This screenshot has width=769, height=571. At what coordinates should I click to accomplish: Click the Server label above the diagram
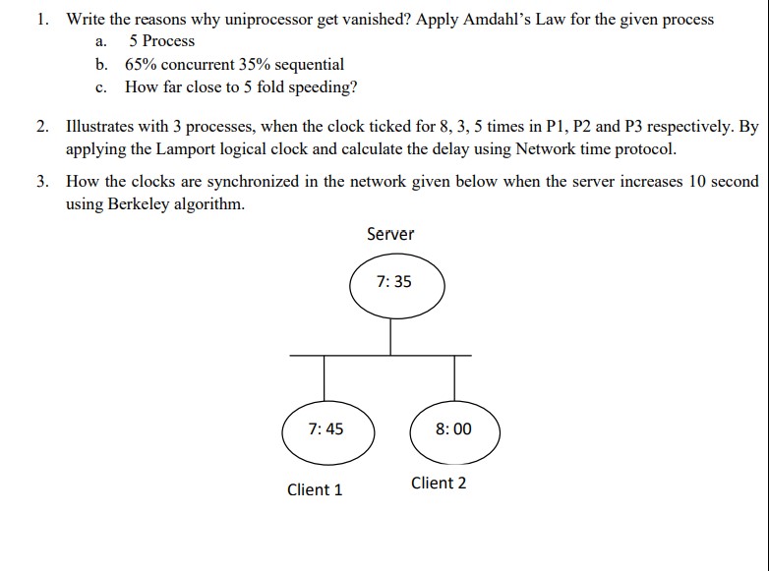tap(390, 234)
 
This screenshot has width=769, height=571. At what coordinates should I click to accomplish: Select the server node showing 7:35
tap(394, 283)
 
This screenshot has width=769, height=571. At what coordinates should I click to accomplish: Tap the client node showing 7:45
tap(325, 429)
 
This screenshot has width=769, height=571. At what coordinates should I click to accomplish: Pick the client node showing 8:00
tap(453, 429)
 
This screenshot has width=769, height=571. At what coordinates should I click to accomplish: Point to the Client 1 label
tap(315, 489)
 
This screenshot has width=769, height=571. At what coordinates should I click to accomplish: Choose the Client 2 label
tap(439, 483)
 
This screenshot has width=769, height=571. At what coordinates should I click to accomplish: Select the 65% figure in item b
tap(143, 65)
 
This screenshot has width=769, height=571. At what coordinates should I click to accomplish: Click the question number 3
tap(40, 182)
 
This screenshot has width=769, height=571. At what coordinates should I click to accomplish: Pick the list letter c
tap(100, 87)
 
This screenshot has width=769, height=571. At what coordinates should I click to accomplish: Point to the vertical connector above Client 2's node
tap(454, 377)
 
